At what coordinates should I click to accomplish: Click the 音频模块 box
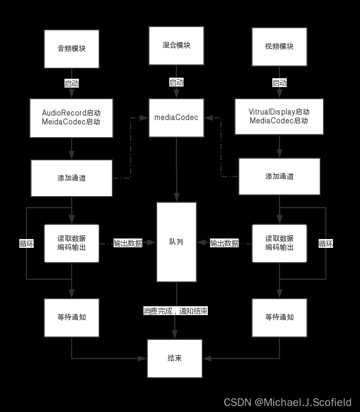[72, 49]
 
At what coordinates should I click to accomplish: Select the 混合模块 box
[176, 46]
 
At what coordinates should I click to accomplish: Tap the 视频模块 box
[280, 47]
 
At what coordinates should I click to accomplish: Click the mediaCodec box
[176, 118]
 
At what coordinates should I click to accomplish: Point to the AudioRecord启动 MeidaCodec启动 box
[72, 118]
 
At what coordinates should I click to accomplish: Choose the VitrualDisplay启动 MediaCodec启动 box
[280, 117]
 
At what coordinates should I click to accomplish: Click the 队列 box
[176, 242]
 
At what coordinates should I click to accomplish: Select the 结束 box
[175, 358]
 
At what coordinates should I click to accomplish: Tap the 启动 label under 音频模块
[72, 84]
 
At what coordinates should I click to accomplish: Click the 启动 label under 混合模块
[176, 83]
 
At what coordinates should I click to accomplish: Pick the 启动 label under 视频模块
[280, 83]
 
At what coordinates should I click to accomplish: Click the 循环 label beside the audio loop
[26, 243]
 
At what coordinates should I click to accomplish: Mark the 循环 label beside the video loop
[326, 243]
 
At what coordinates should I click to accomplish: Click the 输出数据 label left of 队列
[128, 243]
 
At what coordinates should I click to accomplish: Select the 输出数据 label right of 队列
[224, 243]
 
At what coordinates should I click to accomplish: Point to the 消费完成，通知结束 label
[176, 311]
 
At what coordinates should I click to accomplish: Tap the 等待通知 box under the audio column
[72, 318]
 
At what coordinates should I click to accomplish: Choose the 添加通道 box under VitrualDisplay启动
[280, 177]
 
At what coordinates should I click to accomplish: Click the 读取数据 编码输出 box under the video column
[280, 243]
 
